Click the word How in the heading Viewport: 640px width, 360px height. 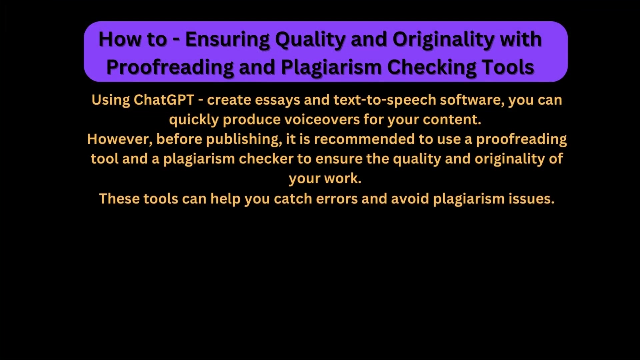coord(120,39)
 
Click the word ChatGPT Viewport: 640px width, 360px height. coord(164,100)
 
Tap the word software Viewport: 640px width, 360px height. coord(472,100)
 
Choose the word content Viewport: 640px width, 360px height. coord(452,120)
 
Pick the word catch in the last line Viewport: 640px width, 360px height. coord(293,199)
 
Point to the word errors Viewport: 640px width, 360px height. coord(337,199)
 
